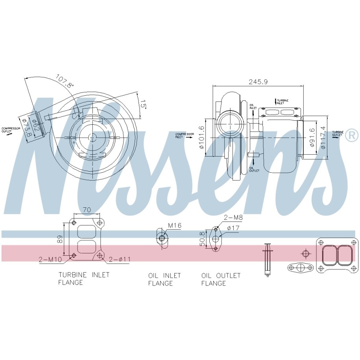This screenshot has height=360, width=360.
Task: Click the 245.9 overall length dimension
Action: pos(258,82)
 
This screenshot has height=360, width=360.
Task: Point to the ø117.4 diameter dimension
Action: pos(323,137)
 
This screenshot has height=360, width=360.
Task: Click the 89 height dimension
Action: pos(60,239)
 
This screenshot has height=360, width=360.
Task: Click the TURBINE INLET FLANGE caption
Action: pos(83,278)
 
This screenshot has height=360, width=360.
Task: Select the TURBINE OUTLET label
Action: pos(337,133)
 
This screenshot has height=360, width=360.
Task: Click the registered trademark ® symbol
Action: pos(352,136)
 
